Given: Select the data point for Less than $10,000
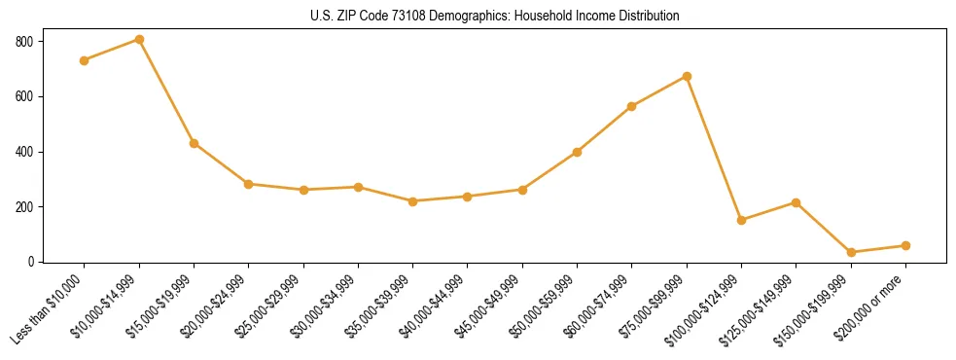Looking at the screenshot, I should point(85,60).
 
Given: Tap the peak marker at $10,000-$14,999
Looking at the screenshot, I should point(139,40).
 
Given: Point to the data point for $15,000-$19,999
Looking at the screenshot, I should point(195,143).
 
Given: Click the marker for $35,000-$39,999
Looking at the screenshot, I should point(413,201).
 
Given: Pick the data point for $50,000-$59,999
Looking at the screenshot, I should point(578,152).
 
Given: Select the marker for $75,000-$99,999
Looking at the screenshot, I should point(687,76).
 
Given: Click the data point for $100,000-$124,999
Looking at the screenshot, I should point(742,220).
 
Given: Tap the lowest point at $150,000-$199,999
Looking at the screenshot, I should point(851,252).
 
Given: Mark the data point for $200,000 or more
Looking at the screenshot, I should point(905,245).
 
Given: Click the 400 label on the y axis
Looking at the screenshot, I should point(23,152).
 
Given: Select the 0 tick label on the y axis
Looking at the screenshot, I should point(30,262).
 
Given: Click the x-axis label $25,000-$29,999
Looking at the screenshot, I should point(273,306).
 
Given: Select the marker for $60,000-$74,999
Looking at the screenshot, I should point(632,106).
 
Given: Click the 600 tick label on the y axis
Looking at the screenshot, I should point(23,96).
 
